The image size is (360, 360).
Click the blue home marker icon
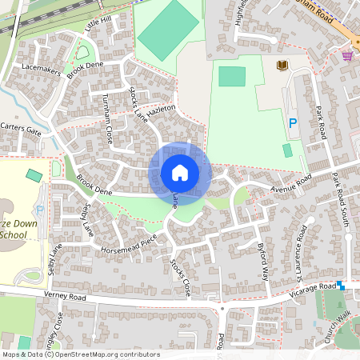point(180,173)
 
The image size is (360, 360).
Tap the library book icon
point(281,65)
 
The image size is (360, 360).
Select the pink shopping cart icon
point(347,55)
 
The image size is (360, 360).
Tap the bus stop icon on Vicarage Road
point(341,285)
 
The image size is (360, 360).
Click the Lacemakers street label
point(42,71)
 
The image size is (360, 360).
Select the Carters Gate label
point(21,129)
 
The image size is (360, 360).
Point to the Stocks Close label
point(179,277)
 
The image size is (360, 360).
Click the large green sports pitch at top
point(169,31)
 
